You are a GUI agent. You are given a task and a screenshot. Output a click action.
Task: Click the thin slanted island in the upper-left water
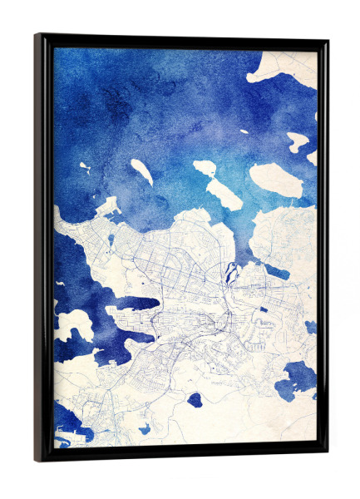141,172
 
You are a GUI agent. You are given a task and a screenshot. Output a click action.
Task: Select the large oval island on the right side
276,180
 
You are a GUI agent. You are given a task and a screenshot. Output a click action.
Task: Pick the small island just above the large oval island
297,141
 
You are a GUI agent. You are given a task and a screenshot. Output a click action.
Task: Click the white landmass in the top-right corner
287,68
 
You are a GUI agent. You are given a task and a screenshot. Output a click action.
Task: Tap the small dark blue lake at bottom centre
195,400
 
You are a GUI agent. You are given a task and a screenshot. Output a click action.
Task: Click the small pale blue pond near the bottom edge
144,428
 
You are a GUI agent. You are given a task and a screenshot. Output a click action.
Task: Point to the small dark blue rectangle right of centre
264,310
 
